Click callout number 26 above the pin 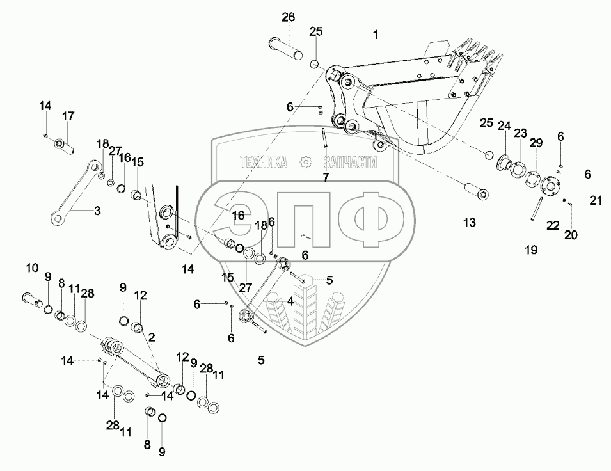[x=288, y=17]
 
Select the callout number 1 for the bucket [x=376, y=35]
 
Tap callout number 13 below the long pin [x=469, y=222]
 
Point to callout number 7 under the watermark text [x=325, y=177]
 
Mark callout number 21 [x=596, y=201]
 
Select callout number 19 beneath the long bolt [x=531, y=250]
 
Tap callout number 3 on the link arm [x=97, y=210]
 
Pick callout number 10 [x=32, y=267]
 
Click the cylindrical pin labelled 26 [x=288, y=49]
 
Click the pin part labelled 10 [x=33, y=297]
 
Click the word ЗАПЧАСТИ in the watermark [x=350, y=163]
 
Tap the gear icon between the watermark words [x=306, y=163]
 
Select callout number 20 [x=571, y=235]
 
